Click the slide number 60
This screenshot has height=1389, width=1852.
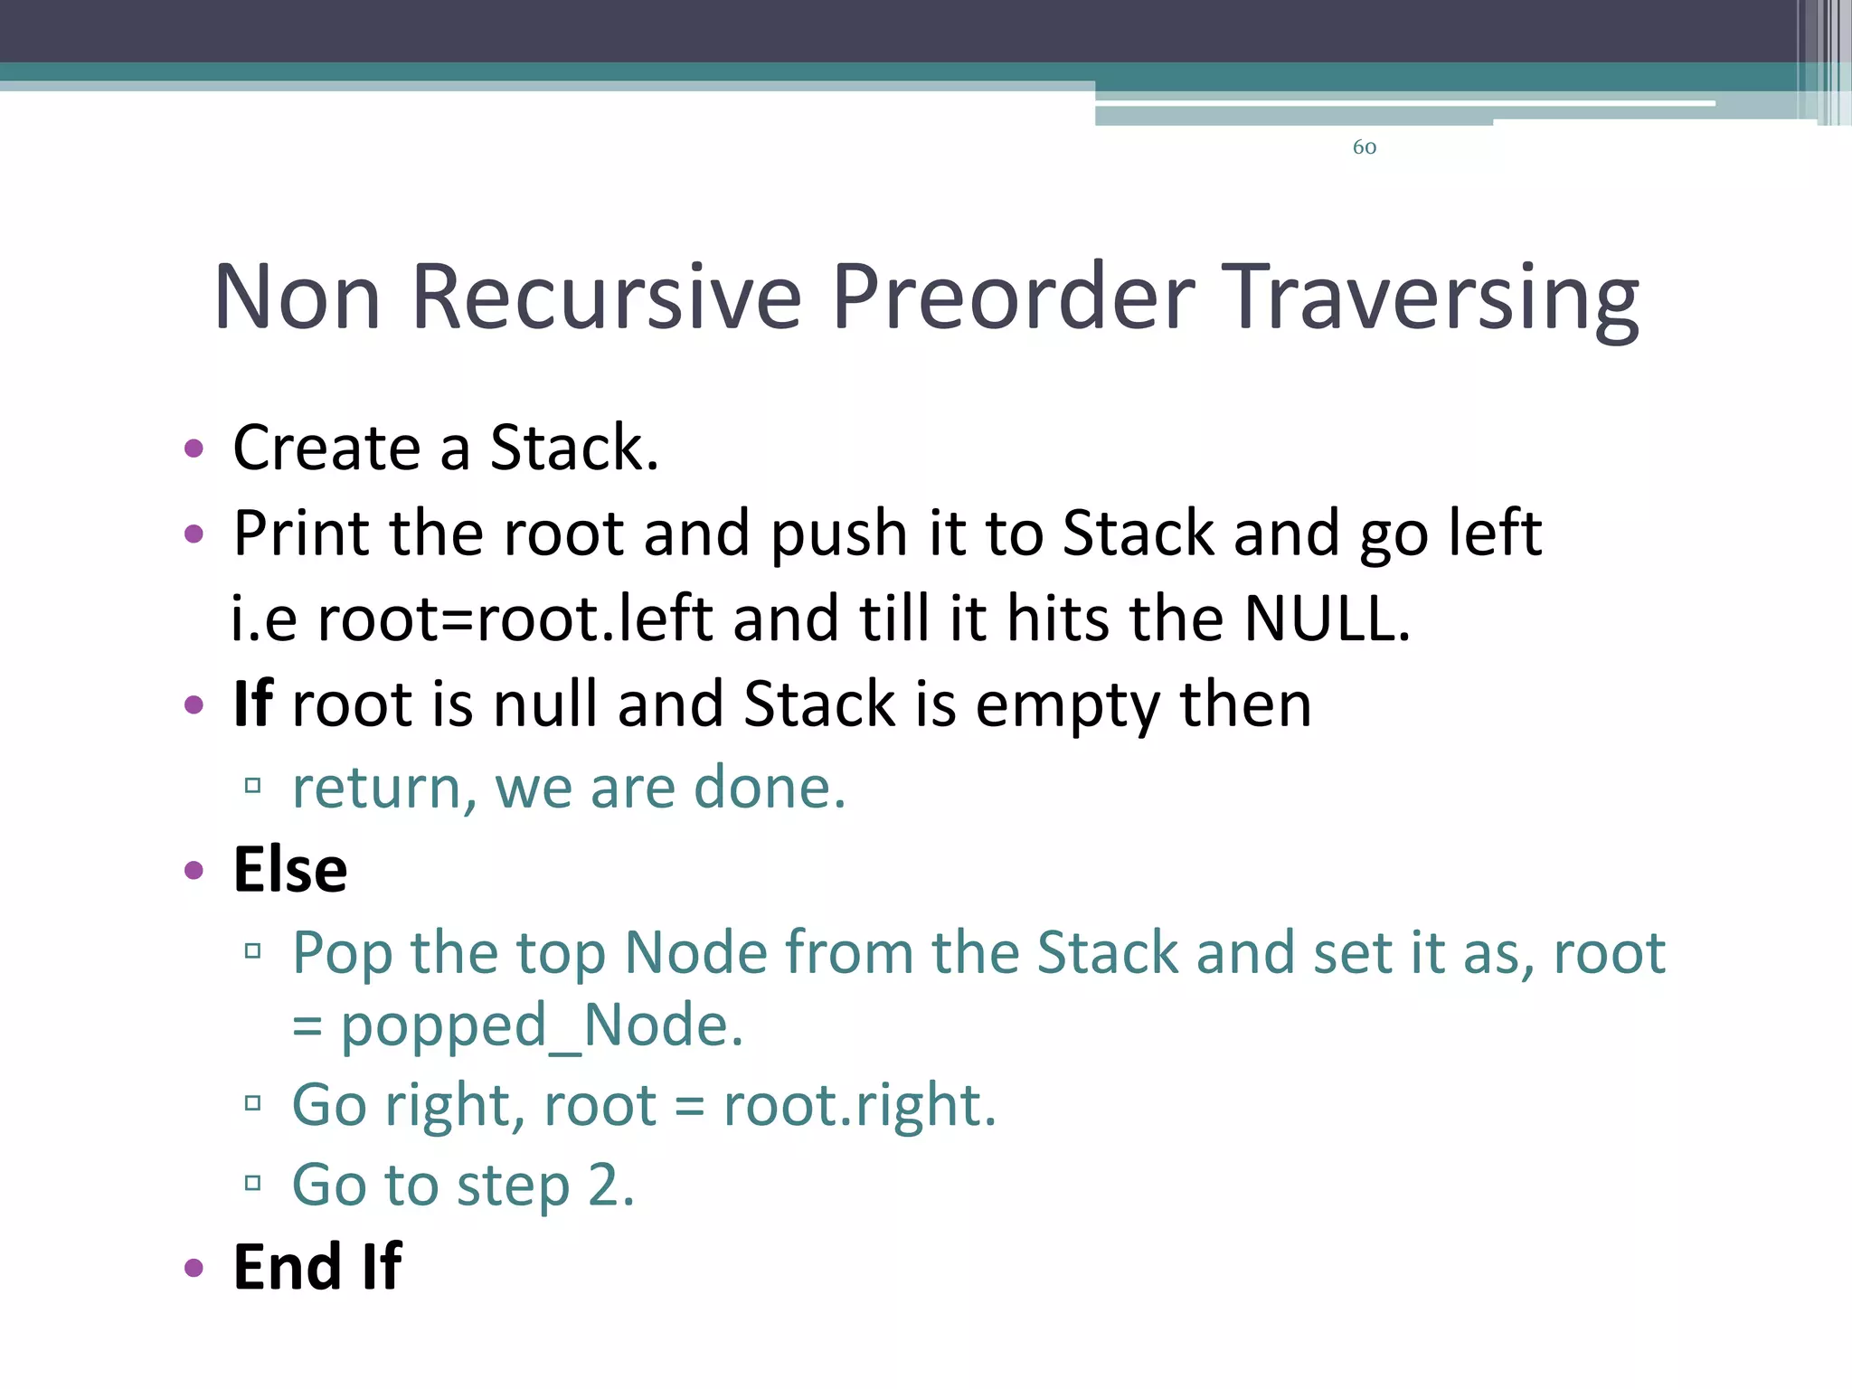[1364, 147]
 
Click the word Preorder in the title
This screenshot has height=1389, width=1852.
[1013, 297]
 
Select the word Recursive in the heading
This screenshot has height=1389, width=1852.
[606, 297]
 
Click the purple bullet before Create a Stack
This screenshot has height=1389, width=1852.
[194, 449]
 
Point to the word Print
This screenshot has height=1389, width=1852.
[299, 533]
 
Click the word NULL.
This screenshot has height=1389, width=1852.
[1326, 619]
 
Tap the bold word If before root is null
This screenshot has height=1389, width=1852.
[253, 704]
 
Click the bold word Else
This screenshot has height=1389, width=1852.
[290, 870]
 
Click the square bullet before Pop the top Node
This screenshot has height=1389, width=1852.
[253, 951]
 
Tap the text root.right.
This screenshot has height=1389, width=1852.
[859, 1105]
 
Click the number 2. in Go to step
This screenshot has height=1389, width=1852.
[611, 1185]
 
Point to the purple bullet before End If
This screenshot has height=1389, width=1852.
[194, 1268]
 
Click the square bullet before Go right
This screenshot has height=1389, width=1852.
[253, 1103]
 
